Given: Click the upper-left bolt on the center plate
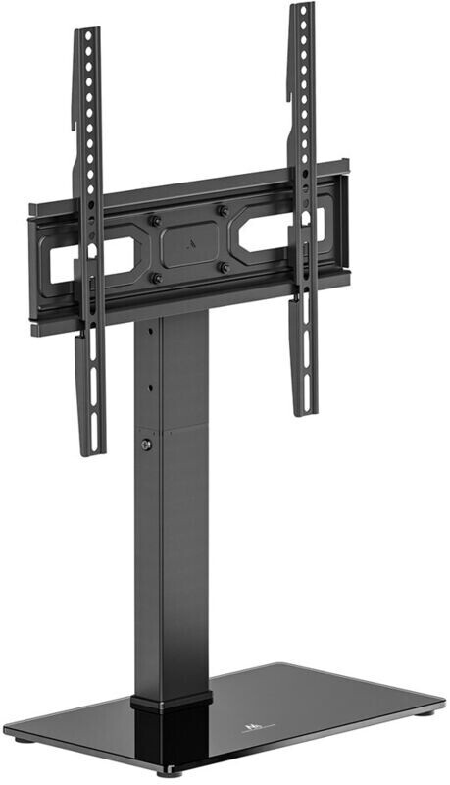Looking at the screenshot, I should coord(155,220).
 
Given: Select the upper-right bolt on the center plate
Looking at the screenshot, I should coord(224,210).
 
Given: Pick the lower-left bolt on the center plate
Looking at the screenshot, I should coord(155,279).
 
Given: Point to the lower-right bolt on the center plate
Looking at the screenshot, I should coord(224,267).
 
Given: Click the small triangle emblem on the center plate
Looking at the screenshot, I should coord(189,240).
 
